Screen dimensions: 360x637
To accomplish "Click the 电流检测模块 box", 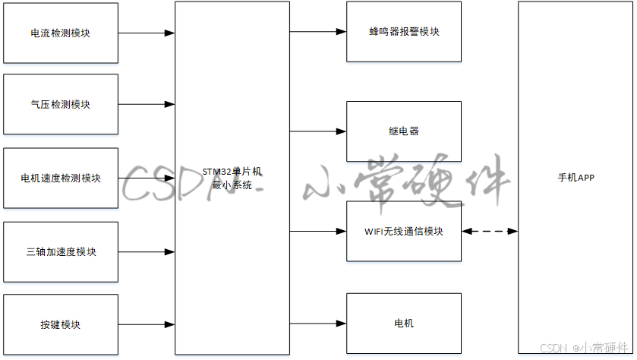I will tap(61, 33).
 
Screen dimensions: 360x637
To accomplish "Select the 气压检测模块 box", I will tap(61, 104).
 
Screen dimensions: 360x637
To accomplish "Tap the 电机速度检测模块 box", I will tap(61, 178).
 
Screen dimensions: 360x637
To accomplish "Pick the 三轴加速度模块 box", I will tap(61, 251).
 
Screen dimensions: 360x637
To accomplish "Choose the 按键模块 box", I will tap(61, 324).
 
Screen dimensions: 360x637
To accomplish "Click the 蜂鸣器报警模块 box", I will tap(403, 32).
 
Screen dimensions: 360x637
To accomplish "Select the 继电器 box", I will tap(403, 131).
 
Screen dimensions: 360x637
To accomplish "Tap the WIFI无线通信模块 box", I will tap(403, 231).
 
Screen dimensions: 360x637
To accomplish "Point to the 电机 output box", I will tap(403, 324).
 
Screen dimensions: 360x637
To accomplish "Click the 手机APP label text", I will tap(576, 178).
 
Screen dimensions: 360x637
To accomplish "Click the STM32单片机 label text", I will tap(232, 172).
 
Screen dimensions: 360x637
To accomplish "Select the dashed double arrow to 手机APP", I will tap(490, 231).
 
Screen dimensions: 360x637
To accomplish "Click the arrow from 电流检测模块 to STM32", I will tap(147, 33).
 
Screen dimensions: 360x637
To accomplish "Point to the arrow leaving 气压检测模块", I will tap(147, 104).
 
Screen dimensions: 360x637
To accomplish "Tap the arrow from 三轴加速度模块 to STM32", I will tap(147, 251).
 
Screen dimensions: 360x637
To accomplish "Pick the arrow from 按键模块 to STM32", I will tap(147, 324).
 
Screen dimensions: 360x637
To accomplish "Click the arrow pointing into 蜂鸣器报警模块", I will tap(318, 32).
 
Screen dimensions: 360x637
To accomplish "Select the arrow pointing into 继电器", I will tap(318, 131).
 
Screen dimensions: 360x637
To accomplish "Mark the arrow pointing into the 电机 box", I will tap(318, 324).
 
